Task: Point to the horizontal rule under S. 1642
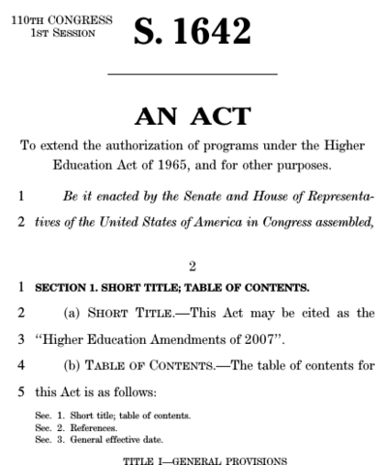click(x=192, y=75)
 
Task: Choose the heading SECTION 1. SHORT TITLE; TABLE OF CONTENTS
click(x=159, y=288)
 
